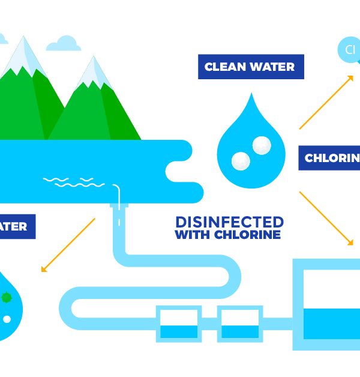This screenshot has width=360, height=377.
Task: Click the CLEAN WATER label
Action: tap(250, 67)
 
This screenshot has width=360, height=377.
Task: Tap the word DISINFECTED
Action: tap(229, 221)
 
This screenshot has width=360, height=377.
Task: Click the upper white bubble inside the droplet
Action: tap(261, 144)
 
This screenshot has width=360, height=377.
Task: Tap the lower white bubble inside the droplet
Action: tap(241, 160)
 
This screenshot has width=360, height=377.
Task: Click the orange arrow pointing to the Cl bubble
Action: tap(326, 102)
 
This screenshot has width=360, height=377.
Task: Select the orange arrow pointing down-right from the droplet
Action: tap(326, 218)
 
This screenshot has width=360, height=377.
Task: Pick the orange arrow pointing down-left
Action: tap(68, 245)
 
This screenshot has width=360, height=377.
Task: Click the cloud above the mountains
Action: tap(63, 44)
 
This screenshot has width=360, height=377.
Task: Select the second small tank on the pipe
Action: tap(239, 324)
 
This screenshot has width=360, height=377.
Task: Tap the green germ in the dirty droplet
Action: tap(7, 297)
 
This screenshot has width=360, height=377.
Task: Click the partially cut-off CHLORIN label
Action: tap(329, 158)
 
